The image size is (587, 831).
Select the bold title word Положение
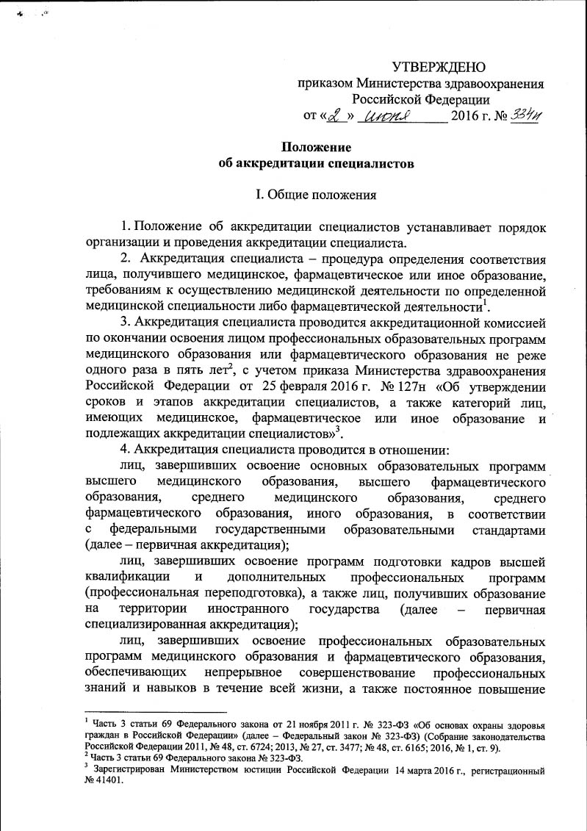click(x=317, y=147)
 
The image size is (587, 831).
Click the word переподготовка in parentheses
click(x=236, y=594)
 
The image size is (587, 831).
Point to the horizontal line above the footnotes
click(x=155, y=712)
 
